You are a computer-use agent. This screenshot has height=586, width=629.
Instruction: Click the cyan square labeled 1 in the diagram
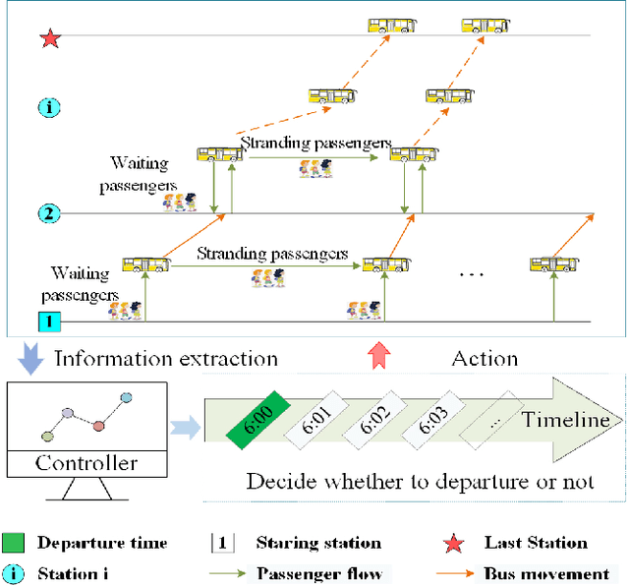[x=48, y=321]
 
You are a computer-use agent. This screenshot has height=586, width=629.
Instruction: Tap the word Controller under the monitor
[x=86, y=463]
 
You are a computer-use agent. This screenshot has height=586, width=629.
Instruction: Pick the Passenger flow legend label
[x=317, y=573]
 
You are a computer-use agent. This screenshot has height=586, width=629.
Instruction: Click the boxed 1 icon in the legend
[x=223, y=543]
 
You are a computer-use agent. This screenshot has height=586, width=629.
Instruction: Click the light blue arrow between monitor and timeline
[x=182, y=424]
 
